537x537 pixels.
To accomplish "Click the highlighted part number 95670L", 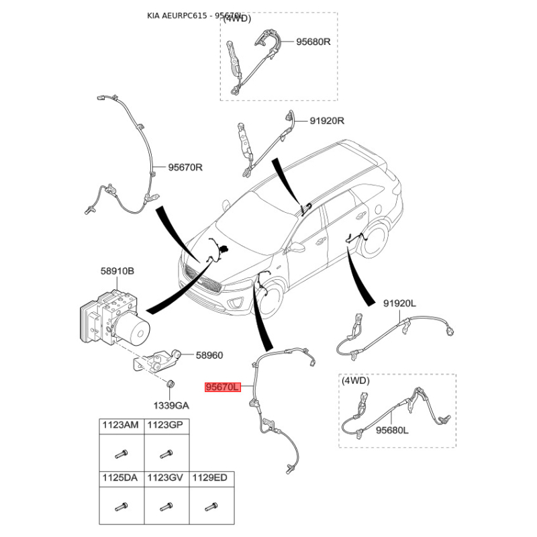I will pyautogui.click(x=222, y=387).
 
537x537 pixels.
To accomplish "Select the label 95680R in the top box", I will pyautogui.click(x=314, y=42).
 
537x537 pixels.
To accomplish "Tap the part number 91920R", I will pyautogui.click(x=327, y=121).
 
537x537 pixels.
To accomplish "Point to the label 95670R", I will pyautogui.click(x=185, y=167).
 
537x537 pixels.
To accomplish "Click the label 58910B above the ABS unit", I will pyautogui.click(x=117, y=271).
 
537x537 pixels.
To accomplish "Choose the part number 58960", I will pyautogui.click(x=209, y=356).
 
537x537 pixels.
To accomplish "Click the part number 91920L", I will pyautogui.click(x=399, y=303).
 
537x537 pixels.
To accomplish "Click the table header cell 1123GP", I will pyautogui.click(x=165, y=425).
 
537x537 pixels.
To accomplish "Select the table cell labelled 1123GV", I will pyautogui.click(x=165, y=478).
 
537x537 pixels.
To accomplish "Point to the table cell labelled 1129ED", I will pyautogui.click(x=210, y=478).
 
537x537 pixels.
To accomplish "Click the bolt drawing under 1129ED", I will pyautogui.click(x=210, y=506).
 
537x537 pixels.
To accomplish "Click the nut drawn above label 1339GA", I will pyautogui.click(x=170, y=385).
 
